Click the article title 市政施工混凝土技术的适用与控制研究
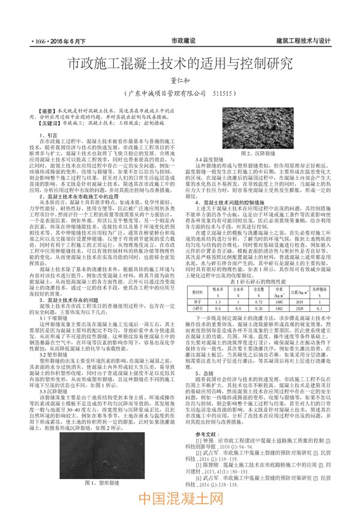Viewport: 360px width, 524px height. pos(179,62)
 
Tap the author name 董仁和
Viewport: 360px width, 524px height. pos(179,80)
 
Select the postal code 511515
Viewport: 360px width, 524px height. pos(225,94)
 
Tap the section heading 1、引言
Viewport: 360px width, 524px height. pos(49,135)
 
